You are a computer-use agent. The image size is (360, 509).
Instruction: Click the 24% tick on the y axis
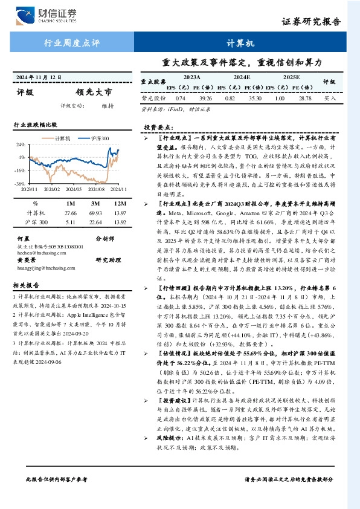coord(21,145)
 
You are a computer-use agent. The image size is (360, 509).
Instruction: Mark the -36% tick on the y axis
coord(19,183)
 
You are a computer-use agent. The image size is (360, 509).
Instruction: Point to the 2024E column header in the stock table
coord(242,78)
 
